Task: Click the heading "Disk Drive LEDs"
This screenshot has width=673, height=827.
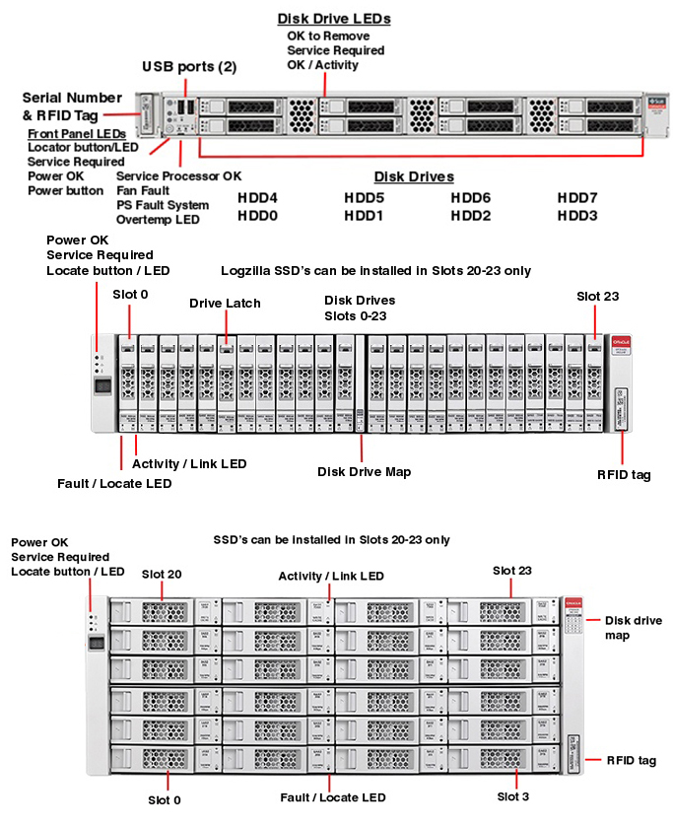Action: point(334,18)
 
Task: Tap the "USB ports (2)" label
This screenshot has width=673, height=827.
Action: point(189,67)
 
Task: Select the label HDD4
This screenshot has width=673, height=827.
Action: point(257,197)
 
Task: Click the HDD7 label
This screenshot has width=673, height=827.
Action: point(577,197)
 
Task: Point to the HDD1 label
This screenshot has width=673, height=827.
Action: point(364,215)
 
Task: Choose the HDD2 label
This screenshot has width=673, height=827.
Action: point(471,215)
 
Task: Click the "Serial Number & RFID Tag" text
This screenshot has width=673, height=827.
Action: point(72,106)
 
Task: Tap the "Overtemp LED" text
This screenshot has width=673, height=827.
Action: point(159,220)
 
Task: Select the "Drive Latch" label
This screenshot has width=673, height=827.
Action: point(225,304)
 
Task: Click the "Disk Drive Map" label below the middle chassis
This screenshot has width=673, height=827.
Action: point(364,472)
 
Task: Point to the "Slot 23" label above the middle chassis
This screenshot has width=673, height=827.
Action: point(597,296)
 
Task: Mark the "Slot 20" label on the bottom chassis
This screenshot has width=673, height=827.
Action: point(162,574)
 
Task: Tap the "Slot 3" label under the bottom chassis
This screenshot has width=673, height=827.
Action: point(513,796)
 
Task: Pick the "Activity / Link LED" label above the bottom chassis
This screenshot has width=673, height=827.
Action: point(331,576)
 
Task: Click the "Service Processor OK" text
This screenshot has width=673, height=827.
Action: point(178,175)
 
